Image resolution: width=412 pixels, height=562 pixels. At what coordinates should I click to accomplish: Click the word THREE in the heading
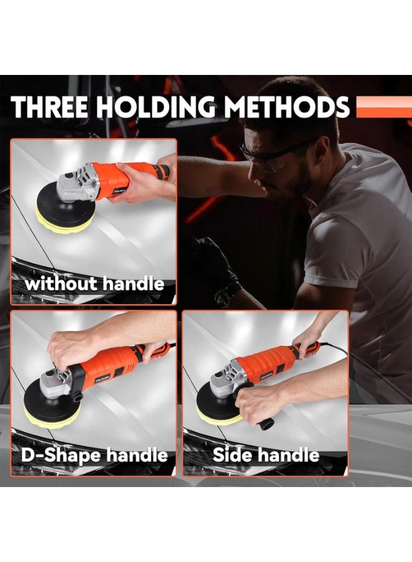pos(51,107)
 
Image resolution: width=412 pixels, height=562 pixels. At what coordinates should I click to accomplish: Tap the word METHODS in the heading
pos(287,107)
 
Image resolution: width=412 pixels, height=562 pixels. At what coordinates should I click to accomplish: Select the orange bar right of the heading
pos(383,107)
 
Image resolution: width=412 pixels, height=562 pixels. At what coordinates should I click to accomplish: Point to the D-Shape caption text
pos(60,455)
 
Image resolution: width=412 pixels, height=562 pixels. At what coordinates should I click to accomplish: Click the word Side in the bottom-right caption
pos(236,455)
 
